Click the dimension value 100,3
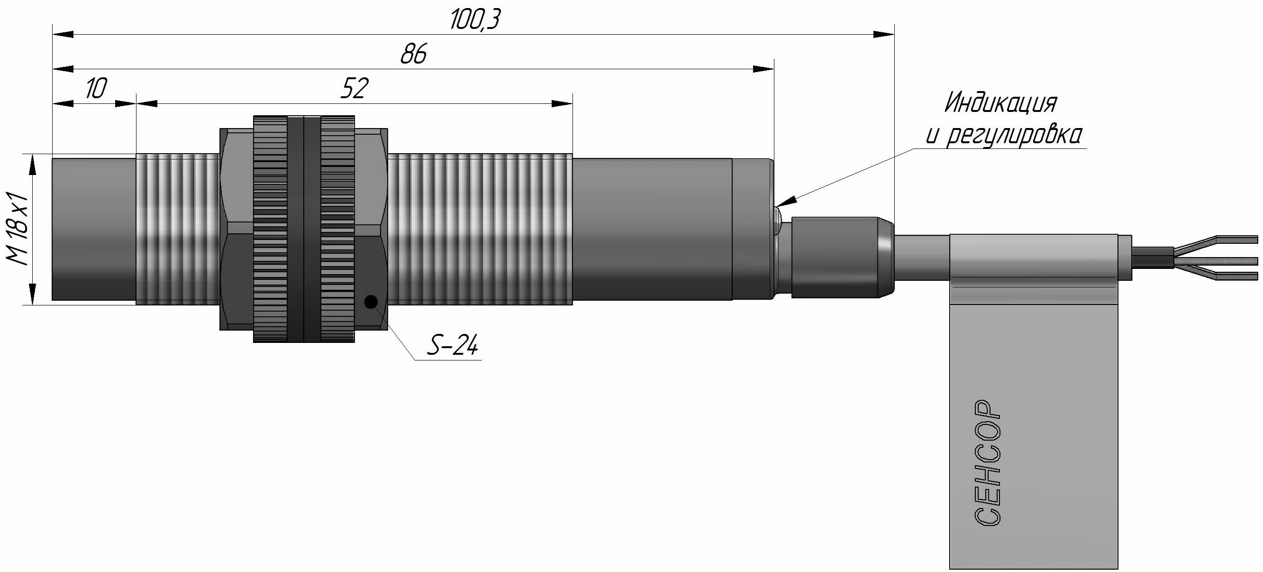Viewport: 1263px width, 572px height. pyautogui.click(x=474, y=20)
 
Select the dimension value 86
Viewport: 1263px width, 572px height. pyautogui.click(x=413, y=54)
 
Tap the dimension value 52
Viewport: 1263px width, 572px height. pyautogui.click(x=354, y=89)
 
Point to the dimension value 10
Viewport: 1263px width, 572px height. pyautogui.click(x=95, y=89)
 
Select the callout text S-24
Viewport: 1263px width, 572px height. pyautogui.click(x=452, y=346)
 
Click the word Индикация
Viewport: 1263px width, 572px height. pyautogui.click(x=1000, y=102)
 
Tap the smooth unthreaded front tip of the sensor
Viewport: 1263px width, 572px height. pyautogui.click(x=93, y=229)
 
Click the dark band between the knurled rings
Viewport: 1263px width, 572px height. pyautogui.click(x=303, y=229)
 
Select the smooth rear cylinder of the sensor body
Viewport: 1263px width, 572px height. pyautogui.click(x=652, y=229)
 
